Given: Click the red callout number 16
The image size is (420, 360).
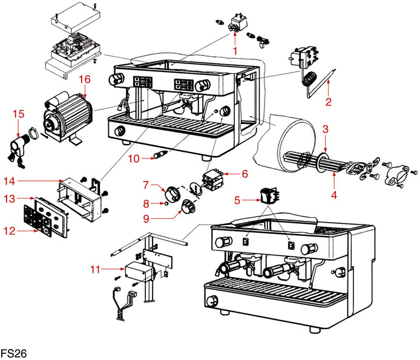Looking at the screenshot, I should click(84, 79).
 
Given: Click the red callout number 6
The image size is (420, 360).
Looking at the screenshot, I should click(244, 174).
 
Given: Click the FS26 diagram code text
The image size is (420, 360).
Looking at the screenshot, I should click(13, 352).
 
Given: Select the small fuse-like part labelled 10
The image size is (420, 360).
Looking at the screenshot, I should click(160, 155).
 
